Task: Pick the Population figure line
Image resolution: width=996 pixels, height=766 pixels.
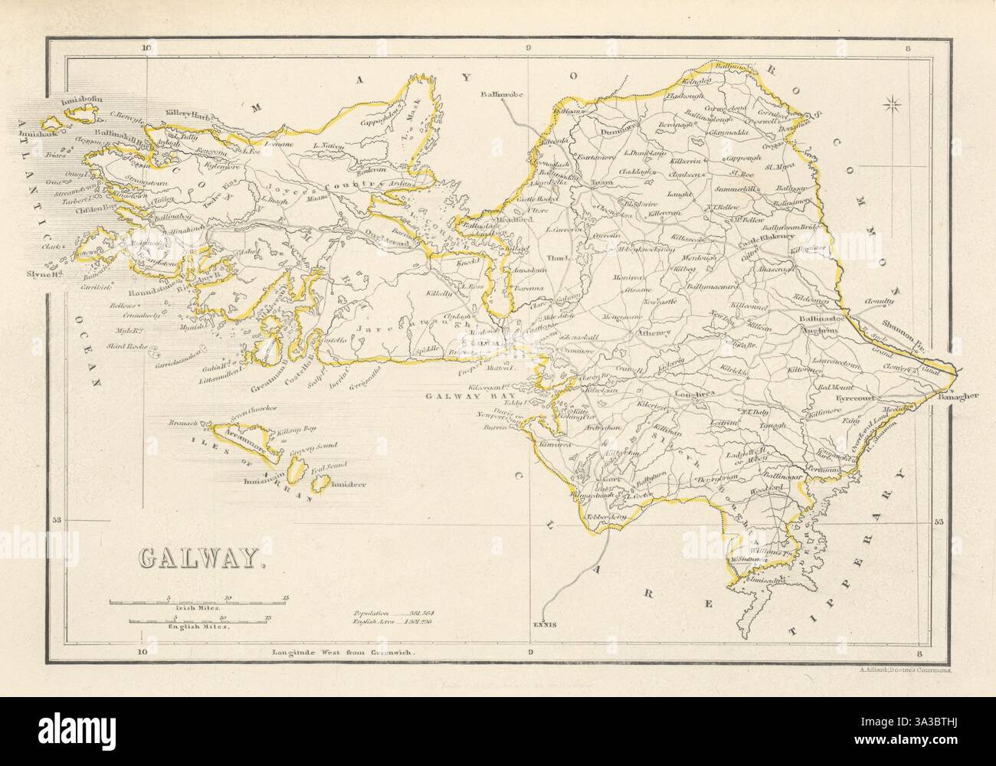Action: [388, 614]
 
